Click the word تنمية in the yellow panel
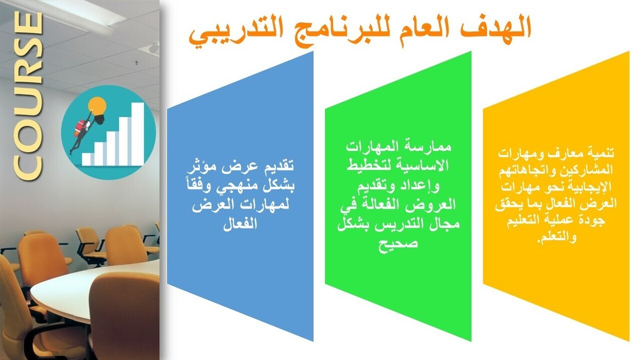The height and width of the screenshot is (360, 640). tap(598, 153)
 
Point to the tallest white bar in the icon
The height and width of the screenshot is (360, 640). tap(138, 133)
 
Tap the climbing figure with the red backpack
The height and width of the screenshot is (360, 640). tap(81, 129)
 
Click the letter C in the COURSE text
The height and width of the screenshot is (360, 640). tap(27, 163)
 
